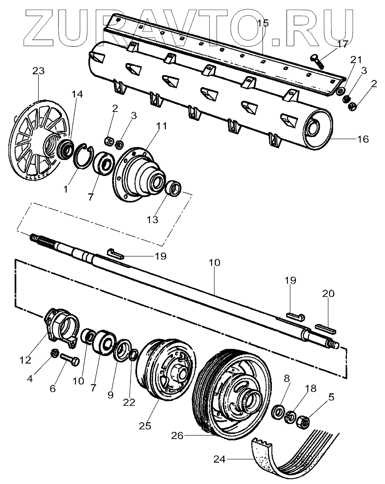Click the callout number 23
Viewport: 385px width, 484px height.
[39, 71]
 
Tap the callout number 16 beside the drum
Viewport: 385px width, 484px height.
[362, 139]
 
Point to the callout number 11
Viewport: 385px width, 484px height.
[161, 126]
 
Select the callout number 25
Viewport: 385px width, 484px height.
[145, 425]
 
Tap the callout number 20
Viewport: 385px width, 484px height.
[329, 294]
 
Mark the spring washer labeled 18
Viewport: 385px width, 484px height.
[291, 417]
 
